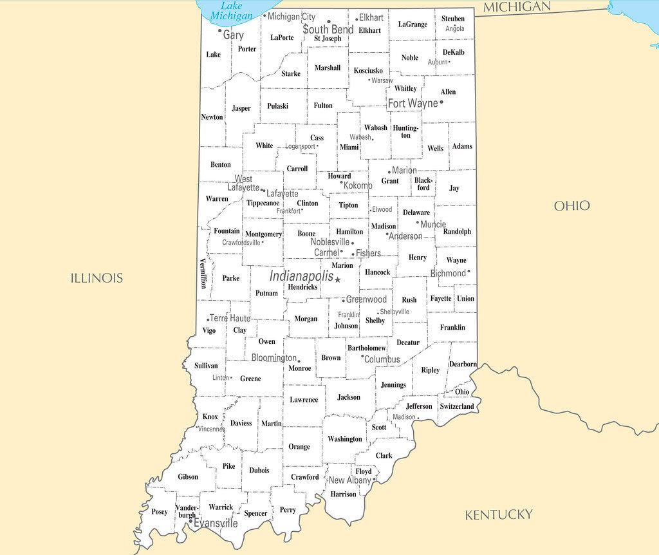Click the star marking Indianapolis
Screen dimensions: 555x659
(338, 279)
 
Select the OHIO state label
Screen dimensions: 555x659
(571, 205)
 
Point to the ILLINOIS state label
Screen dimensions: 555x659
(97, 278)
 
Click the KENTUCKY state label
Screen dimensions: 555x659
(499, 514)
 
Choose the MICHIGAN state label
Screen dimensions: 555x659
(517, 7)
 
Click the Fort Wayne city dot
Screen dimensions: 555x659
(441, 102)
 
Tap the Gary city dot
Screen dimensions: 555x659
(220, 30)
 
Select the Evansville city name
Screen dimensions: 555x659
(216, 523)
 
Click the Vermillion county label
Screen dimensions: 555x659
(203, 273)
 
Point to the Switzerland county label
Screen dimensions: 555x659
(457, 406)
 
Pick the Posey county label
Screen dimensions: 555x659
(160, 512)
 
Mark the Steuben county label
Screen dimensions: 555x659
(453, 19)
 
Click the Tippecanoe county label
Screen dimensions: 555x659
(263, 203)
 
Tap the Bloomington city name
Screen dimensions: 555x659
(274, 357)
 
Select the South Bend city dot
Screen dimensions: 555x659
(329, 21)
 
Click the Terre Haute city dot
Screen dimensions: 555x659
(209, 319)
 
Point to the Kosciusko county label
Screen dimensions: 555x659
(369, 70)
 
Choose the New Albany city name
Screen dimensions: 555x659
(349, 480)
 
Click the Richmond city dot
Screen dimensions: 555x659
(469, 272)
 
